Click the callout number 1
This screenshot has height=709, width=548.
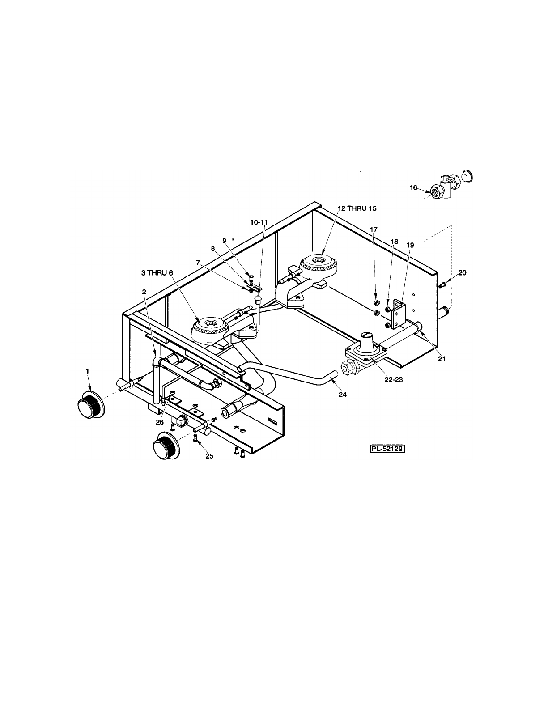pyautogui.click(x=88, y=371)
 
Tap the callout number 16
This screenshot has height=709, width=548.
pyautogui.click(x=414, y=188)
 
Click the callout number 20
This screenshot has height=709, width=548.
pyautogui.click(x=462, y=272)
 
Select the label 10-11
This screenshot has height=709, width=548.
pyautogui.click(x=259, y=222)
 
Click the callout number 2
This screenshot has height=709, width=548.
pyautogui.click(x=144, y=291)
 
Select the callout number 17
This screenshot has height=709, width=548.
pyautogui.click(x=374, y=229)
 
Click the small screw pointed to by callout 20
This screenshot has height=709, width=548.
pyautogui.click(x=444, y=284)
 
